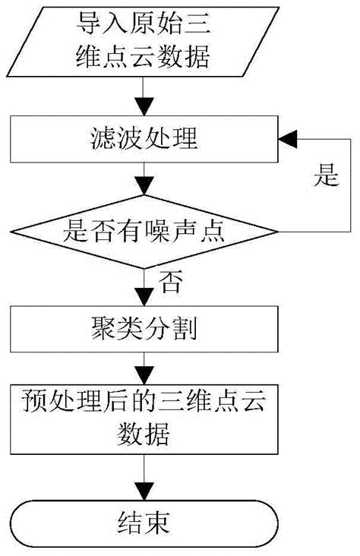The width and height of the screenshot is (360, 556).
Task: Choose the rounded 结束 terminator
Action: pyautogui.click(x=144, y=522)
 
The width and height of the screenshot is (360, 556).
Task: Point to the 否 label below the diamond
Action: pyautogui.click(x=169, y=283)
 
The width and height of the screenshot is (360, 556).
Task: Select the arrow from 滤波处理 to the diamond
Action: pyautogui.click(x=144, y=183)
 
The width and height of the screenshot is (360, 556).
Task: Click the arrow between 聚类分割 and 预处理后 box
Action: pyautogui.click(x=144, y=369)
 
